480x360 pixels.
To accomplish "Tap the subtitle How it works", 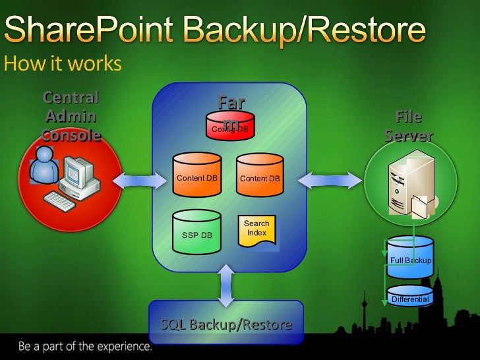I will tap(63, 64).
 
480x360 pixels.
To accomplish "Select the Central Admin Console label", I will tap(71, 117).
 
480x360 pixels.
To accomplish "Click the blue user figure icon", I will tap(45, 165).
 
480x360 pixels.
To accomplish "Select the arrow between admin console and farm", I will tap(141, 178).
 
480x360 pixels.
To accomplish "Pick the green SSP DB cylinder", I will tap(196, 232).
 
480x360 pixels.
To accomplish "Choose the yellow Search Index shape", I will tap(256, 231).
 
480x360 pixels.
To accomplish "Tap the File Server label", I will tap(408, 127).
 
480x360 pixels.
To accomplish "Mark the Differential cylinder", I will tap(410, 296).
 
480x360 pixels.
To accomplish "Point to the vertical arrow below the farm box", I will tap(226, 285).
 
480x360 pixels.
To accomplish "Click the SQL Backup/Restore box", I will tap(226, 322).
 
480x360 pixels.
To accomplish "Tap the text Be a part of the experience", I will tap(85, 345).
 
